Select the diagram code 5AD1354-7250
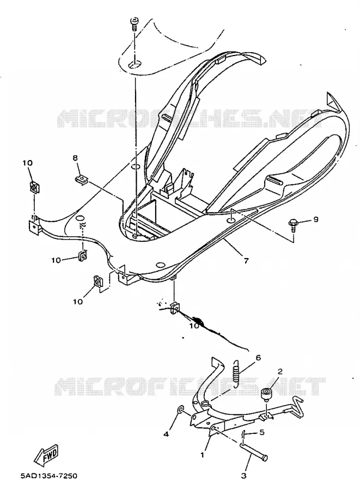pyautogui.click(x=49, y=476)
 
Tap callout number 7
pyautogui.click(x=246, y=261)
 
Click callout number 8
pyautogui.click(x=75, y=158)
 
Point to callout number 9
pyautogui.click(x=316, y=219)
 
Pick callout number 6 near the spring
pyautogui.click(x=258, y=358)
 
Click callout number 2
pyautogui.click(x=280, y=371)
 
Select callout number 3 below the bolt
pyautogui.click(x=244, y=476)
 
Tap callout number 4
pyautogui.click(x=166, y=434)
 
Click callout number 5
pyautogui.click(x=262, y=432)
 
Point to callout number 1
pyautogui.click(x=202, y=455)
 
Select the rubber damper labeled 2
pyautogui.click(x=266, y=394)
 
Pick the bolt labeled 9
pyautogui.click(x=293, y=225)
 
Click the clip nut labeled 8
pyautogui.click(x=82, y=179)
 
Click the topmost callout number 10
pyautogui.click(x=27, y=163)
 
